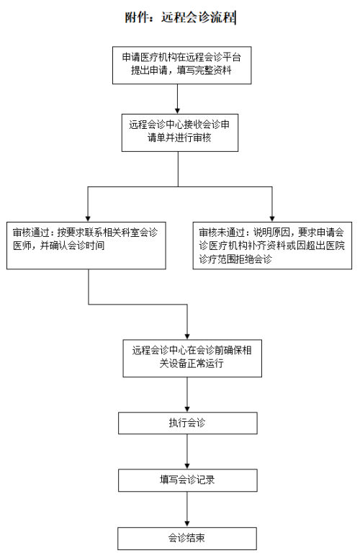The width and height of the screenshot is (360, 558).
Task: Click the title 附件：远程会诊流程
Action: pos(180,17)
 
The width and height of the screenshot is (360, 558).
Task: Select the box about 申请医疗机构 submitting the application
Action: pos(181,65)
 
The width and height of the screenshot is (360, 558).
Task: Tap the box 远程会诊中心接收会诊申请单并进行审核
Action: pos(180,132)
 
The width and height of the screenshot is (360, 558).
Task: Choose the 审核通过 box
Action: pos(86,246)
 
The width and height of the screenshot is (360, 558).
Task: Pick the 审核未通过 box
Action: pos(272,246)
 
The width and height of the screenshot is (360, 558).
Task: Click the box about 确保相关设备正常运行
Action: pos(192,359)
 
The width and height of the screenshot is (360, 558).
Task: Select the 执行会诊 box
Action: pos(187,423)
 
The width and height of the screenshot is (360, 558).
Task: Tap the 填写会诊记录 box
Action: pos(187,480)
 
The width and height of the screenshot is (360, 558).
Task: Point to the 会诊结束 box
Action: pos(187,539)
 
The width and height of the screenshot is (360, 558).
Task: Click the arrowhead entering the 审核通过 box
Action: pos(88,219)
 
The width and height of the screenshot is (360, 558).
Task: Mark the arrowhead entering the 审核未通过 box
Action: pos(272,219)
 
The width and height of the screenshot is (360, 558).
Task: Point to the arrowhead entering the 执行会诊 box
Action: pos(187,409)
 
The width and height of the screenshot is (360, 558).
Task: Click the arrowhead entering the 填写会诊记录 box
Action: pos(187,466)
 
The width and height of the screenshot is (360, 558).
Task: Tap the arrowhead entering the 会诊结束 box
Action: pos(187,524)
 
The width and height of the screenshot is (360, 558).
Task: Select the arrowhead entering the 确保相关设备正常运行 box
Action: pos(187,336)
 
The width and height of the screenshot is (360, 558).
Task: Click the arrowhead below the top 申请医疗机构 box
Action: pos(178,111)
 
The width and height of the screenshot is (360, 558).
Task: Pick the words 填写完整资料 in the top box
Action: pos(204,71)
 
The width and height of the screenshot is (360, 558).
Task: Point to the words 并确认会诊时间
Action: pos(73,246)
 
